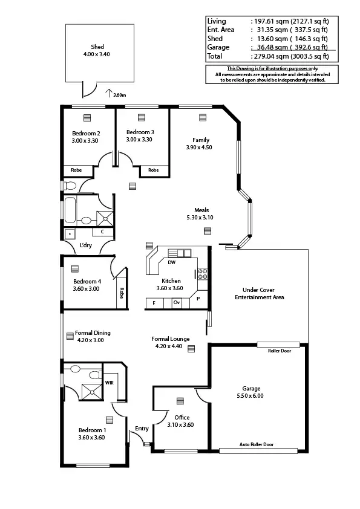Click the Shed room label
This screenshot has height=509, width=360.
(x=97, y=47)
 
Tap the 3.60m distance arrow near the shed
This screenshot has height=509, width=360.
(x=109, y=93)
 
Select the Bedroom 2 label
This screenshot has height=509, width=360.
(x=86, y=133)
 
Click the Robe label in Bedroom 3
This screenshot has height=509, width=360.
(x=154, y=170)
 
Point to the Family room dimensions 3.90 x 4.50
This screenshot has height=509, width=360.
(x=198, y=147)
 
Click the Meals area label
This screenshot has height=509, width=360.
(x=201, y=210)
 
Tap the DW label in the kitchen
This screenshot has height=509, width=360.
(x=172, y=263)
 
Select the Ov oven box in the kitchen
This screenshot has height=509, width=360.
(x=177, y=302)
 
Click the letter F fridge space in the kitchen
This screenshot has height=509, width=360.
(x=154, y=302)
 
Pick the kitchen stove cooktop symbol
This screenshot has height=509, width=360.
(x=203, y=274)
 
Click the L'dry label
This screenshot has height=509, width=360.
(x=85, y=245)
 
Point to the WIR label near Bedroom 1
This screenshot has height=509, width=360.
(x=110, y=382)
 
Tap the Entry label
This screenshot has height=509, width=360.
(x=142, y=429)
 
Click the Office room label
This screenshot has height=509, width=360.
(x=182, y=418)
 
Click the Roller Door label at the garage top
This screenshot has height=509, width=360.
(x=279, y=350)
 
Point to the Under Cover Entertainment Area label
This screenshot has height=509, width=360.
(x=259, y=293)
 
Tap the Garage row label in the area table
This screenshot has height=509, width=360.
(x=218, y=47)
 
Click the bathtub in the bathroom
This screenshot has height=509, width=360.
(x=70, y=209)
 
